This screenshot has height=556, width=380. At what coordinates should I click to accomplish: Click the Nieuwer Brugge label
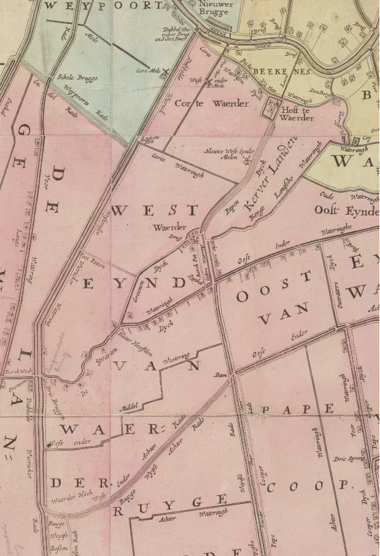[x=215, y=7]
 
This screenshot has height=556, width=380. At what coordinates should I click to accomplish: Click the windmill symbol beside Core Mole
[x=165, y=72]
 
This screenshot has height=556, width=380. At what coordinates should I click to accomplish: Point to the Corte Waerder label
[x=212, y=103]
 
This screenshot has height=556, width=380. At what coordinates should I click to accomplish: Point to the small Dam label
[x=221, y=374]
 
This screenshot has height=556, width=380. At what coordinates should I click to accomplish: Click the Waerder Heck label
[x=68, y=499]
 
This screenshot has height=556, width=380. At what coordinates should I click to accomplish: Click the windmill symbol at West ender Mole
[x=208, y=80]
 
